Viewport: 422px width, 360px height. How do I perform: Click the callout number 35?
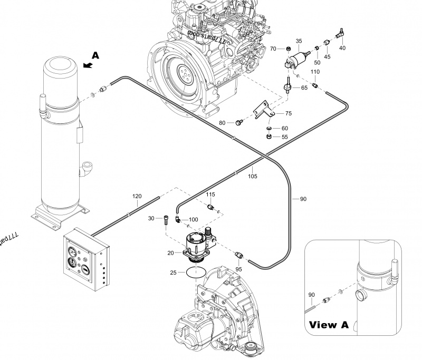(299, 41)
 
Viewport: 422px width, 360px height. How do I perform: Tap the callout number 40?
(342, 48)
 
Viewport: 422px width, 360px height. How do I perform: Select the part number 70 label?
(273, 49)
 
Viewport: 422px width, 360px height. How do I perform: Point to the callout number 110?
(315, 72)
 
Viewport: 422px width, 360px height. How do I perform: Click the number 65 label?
(304, 88)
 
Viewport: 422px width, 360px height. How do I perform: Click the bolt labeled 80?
(238, 123)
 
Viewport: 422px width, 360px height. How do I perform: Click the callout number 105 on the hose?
(253, 177)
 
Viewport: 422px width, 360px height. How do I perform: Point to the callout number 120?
(137, 196)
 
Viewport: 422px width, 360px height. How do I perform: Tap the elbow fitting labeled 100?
(180, 219)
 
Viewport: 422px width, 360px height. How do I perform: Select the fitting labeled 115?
(212, 207)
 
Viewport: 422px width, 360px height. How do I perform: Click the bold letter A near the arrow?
(95, 55)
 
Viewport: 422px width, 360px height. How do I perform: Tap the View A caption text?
(329, 325)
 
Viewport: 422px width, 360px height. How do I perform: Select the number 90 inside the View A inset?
(311, 294)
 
